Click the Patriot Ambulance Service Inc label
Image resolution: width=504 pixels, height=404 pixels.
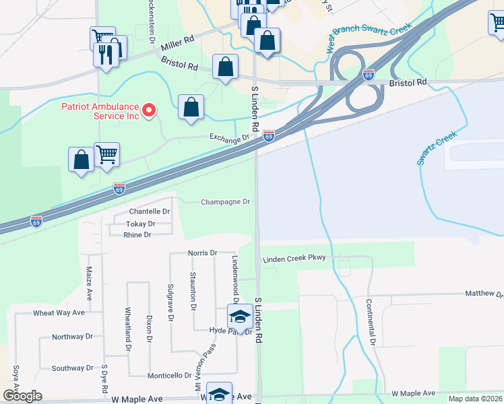tap(100, 111)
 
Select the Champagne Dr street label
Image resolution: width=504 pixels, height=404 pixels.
tap(226, 201)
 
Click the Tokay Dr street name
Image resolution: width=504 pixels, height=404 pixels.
tap(141, 224)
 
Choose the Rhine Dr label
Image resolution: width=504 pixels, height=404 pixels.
tap(137, 235)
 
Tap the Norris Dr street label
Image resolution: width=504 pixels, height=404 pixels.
tap(203, 253)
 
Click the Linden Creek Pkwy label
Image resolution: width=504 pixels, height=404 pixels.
tap(294, 258)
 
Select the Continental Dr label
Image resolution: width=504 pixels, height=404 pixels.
tap(370, 322)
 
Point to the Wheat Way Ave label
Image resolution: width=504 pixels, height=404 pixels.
tap(59, 313)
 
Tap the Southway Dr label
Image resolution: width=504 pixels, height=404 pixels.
tap(73, 368)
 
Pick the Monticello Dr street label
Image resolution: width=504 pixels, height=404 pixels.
tap(170, 375)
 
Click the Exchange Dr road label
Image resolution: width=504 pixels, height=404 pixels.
tap(229, 138)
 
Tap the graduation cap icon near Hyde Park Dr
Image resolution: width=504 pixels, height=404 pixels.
tap(239, 316)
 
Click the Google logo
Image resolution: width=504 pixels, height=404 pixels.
tap(22, 395)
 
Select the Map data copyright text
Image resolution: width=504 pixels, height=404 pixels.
tap(475, 399)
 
